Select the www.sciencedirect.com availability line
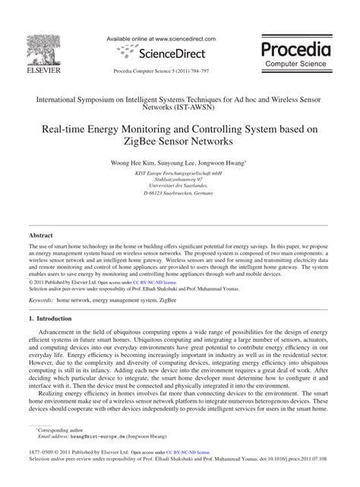(161, 39)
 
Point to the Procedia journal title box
(295, 55)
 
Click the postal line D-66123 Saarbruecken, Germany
(179, 194)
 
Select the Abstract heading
(41, 236)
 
